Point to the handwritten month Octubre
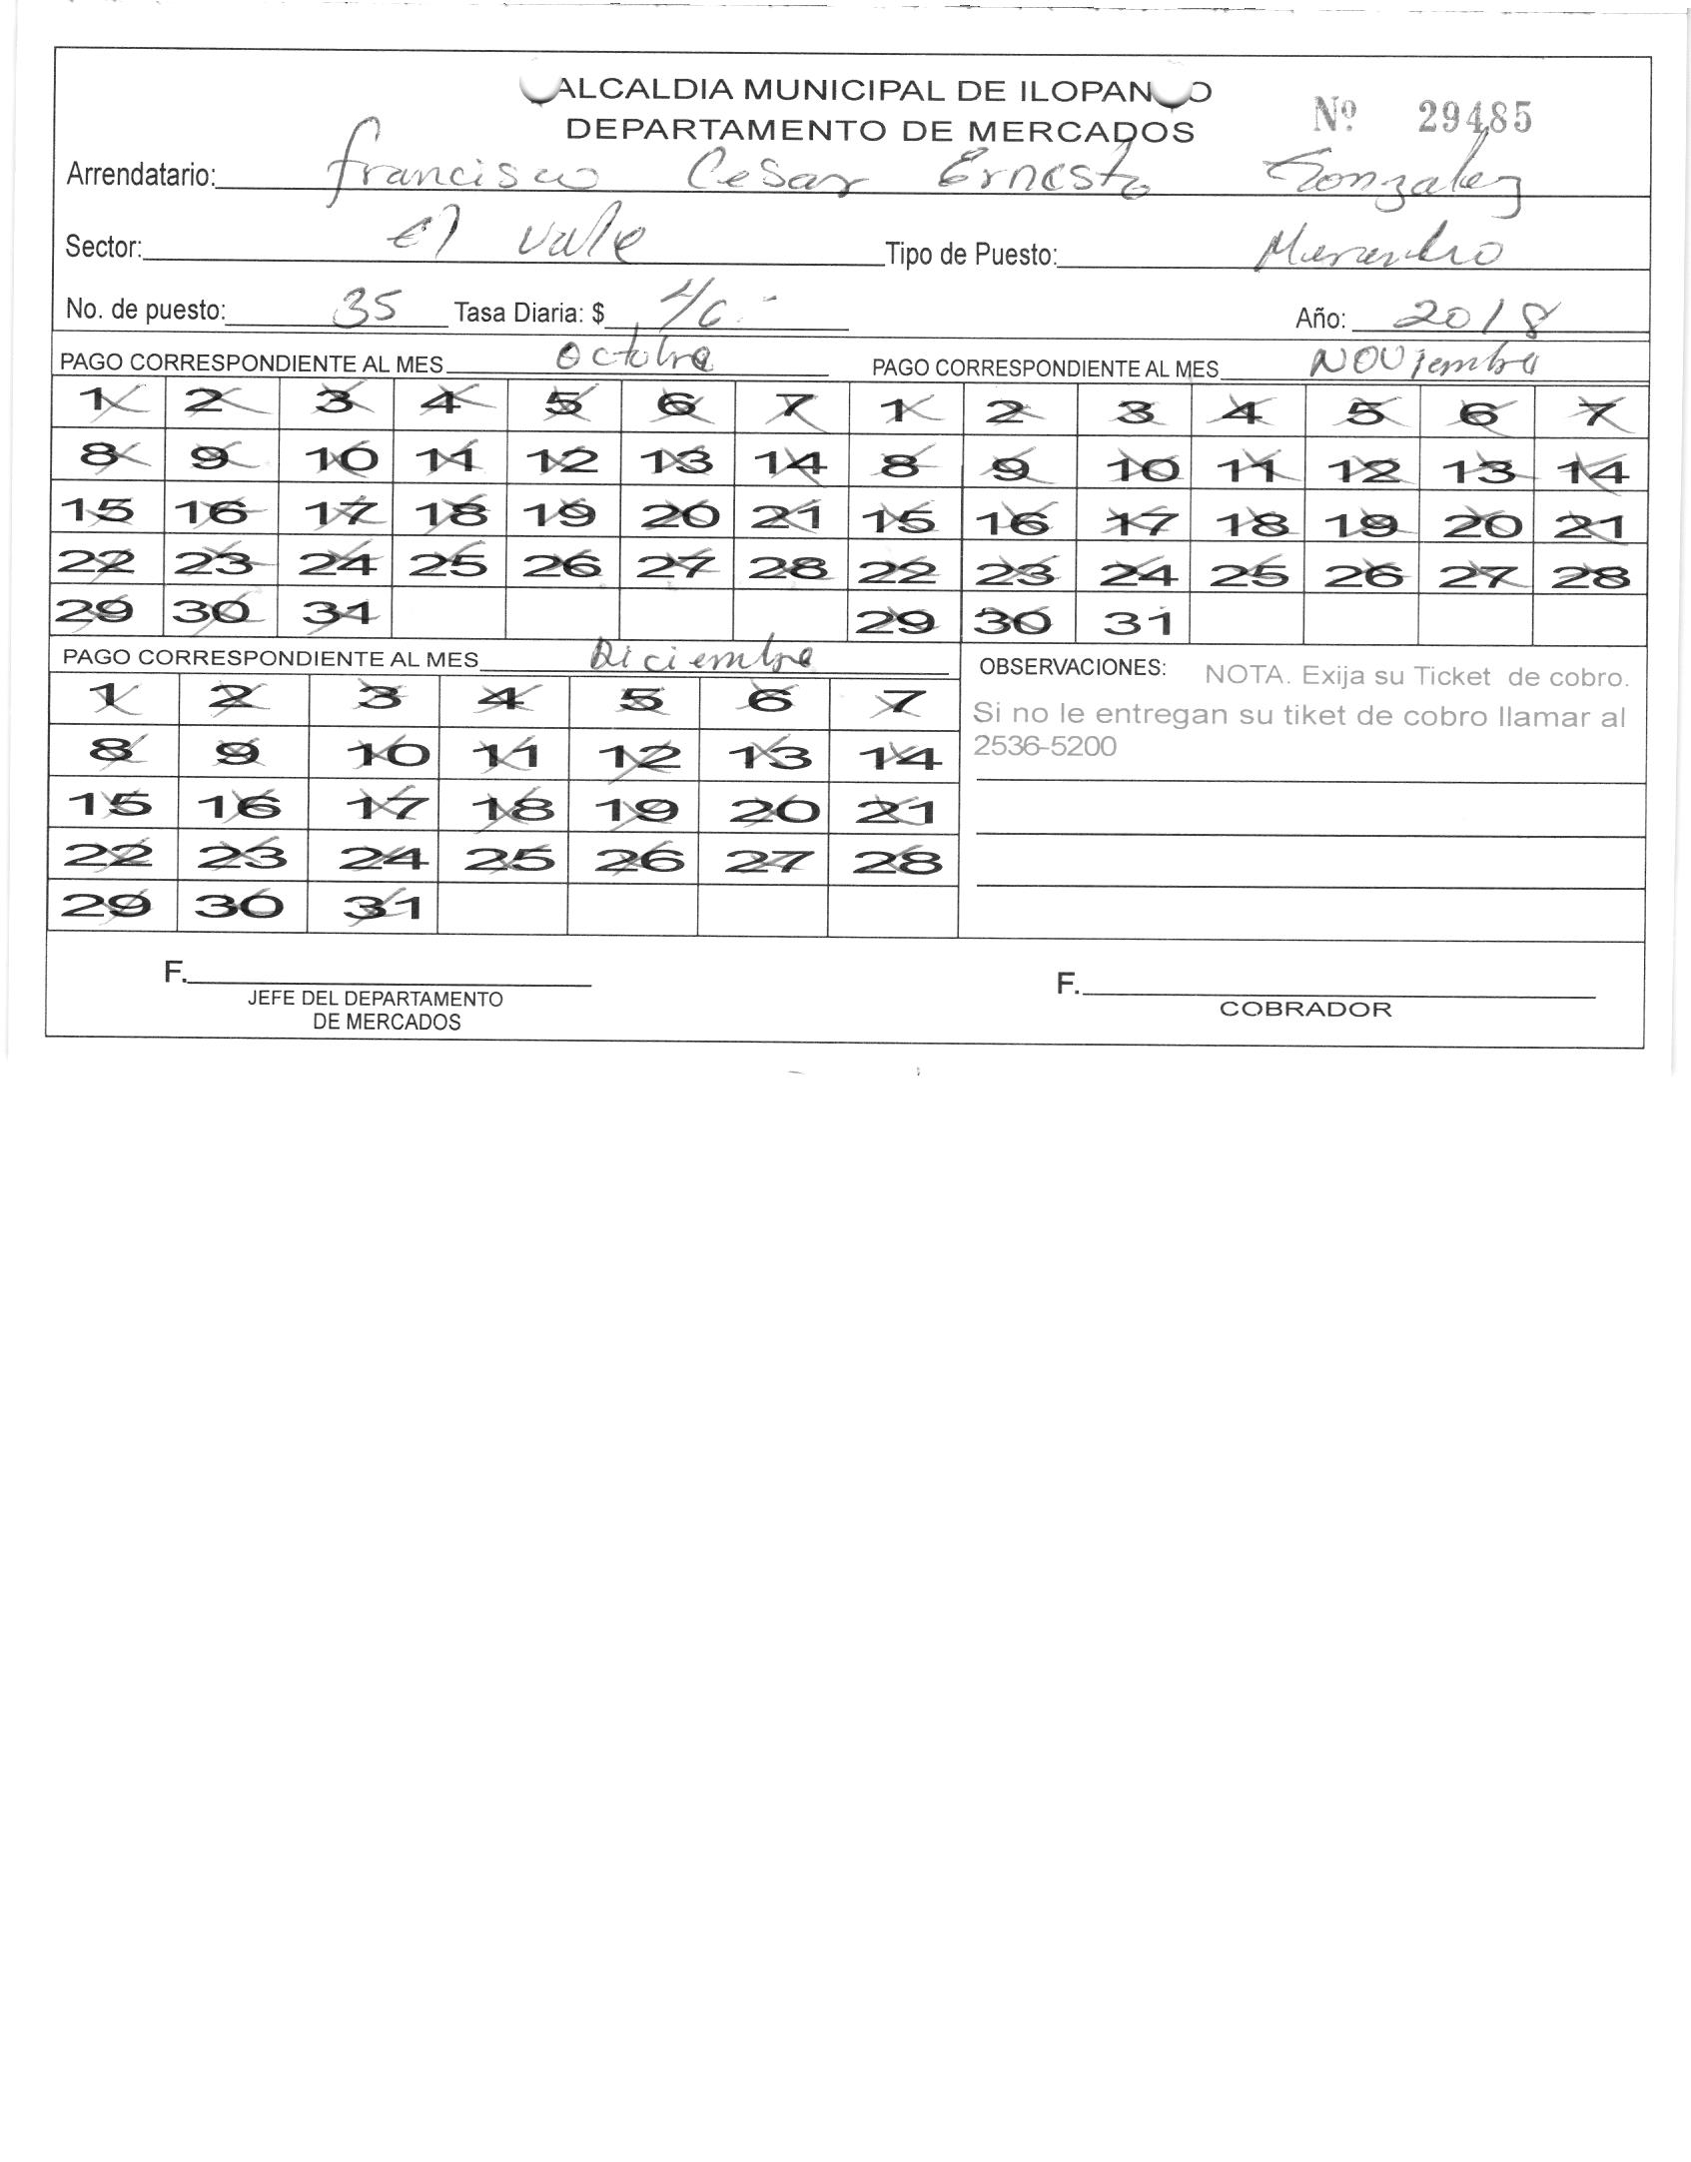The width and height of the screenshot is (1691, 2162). tap(634, 357)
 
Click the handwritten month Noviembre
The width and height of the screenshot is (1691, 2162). tap(1422, 361)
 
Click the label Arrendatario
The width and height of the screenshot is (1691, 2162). tap(140, 176)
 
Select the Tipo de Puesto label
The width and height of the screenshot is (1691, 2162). tap(970, 255)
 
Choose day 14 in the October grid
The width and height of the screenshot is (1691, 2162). tap(790, 462)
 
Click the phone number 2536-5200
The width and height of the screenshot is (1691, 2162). tap(1044, 746)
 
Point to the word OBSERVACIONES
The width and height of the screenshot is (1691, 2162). tap(1072, 667)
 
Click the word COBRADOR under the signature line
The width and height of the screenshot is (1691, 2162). tap(1304, 1009)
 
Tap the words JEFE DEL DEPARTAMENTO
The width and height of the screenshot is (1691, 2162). tap(376, 999)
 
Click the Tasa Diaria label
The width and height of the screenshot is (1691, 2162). tap(528, 314)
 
